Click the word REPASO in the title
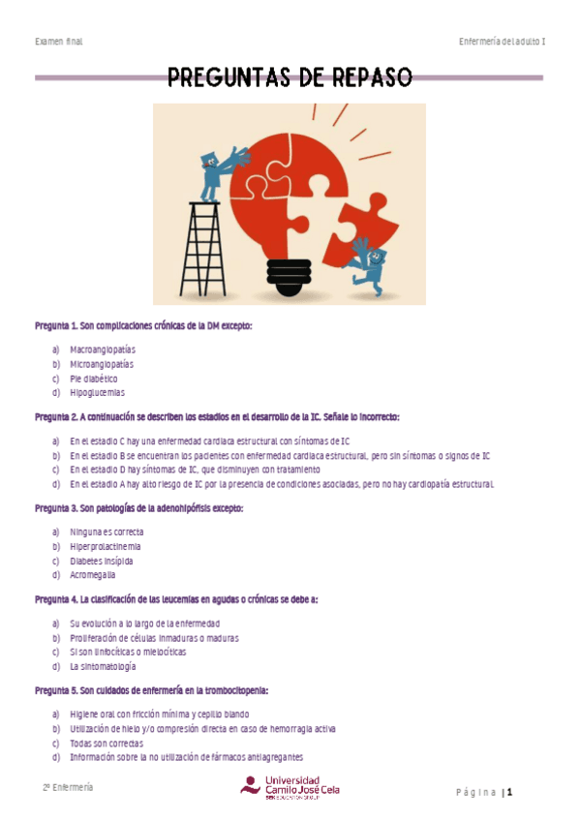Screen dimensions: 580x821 click(x=362, y=77)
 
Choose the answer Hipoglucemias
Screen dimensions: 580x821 click(x=97, y=393)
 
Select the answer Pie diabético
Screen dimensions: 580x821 click(x=93, y=379)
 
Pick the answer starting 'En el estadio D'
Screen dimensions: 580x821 click(x=195, y=469)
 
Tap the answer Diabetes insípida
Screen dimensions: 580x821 click(x=101, y=561)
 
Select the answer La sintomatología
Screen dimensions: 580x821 click(x=102, y=666)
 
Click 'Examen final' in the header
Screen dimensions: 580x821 click(x=58, y=42)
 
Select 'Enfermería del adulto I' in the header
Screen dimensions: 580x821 click(x=503, y=42)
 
